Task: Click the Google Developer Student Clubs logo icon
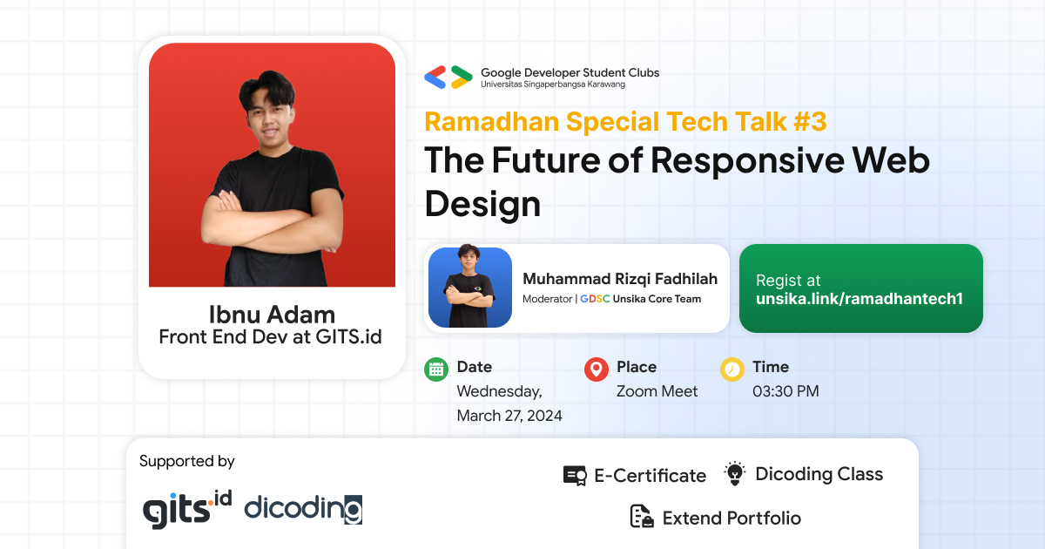[x=448, y=78]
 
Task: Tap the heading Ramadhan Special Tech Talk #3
[x=625, y=121]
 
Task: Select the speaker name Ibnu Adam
[x=272, y=315]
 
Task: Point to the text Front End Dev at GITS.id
[x=270, y=336]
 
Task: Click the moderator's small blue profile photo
[x=470, y=288]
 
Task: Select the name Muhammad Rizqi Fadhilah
[x=620, y=279]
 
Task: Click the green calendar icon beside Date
[x=436, y=369]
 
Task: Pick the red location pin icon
[x=596, y=369]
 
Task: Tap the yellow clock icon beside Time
[x=732, y=369]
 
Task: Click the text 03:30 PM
[x=785, y=391]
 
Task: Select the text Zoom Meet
[x=657, y=391]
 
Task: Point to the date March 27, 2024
[x=509, y=416]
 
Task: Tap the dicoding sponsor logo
[x=303, y=508]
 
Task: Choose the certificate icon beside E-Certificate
[x=575, y=476]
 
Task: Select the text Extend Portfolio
[x=731, y=518]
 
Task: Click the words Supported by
[x=186, y=461]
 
